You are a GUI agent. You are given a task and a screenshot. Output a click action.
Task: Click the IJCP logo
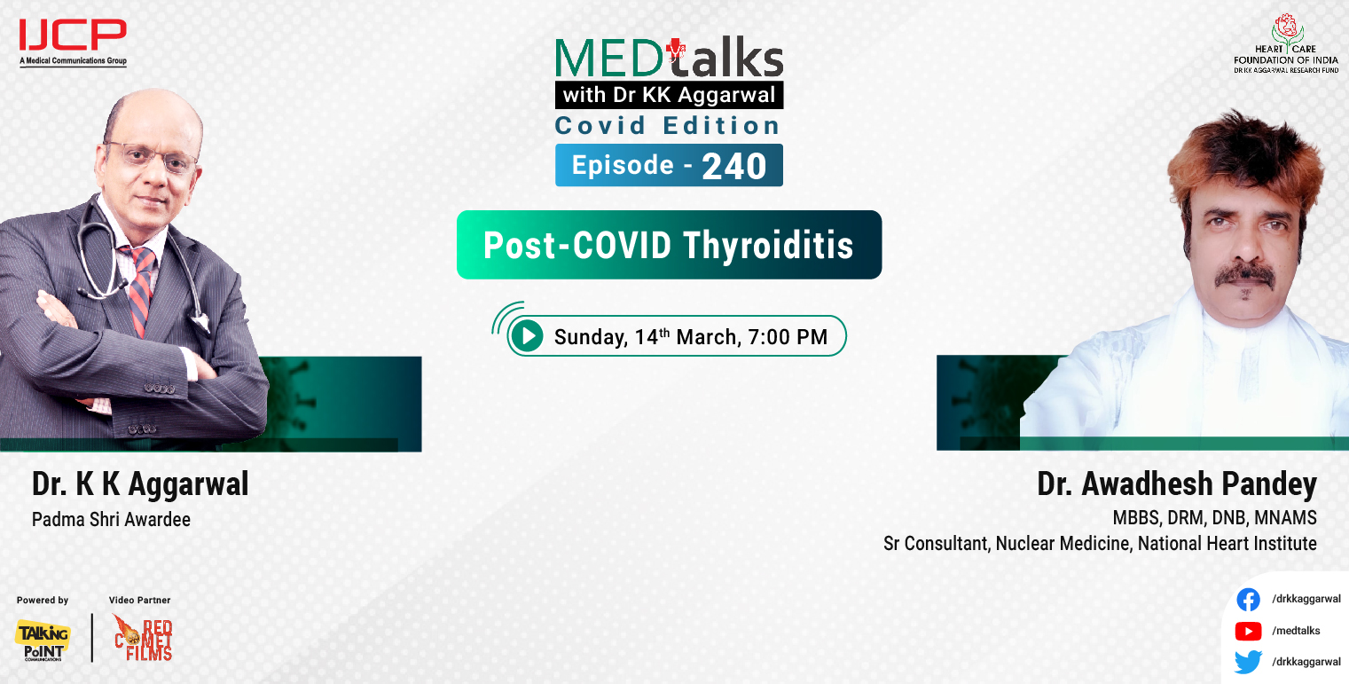tap(73, 41)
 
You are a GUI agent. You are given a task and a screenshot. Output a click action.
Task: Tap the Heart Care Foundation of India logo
tap(1285, 43)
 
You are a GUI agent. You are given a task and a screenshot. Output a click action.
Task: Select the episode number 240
tap(733, 166)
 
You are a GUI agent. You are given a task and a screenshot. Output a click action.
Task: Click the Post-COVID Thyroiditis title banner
tap(669, 245)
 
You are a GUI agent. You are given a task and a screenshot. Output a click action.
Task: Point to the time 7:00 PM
tap(788, 337)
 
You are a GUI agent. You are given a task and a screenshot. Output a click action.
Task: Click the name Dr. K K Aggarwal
tap(140, 484)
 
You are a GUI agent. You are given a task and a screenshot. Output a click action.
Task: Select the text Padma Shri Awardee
tap(111, 520)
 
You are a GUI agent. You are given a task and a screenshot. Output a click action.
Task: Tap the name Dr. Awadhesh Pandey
tap(1176, 484)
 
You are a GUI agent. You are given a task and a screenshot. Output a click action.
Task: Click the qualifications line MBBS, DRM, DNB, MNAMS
tap(1214, 517)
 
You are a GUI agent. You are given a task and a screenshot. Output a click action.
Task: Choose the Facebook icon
tap(1248, 600)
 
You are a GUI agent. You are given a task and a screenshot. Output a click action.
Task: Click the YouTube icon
tap(1248, 631)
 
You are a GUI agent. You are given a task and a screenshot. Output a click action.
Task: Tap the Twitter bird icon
tap(1248, 662)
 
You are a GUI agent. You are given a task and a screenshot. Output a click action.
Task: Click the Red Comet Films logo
tap(143, 638)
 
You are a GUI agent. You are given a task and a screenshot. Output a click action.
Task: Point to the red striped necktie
tap(138, 284)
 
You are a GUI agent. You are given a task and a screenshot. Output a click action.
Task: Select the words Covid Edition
tap(667, 125)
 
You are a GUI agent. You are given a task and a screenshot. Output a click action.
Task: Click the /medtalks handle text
tap(1295, 631)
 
